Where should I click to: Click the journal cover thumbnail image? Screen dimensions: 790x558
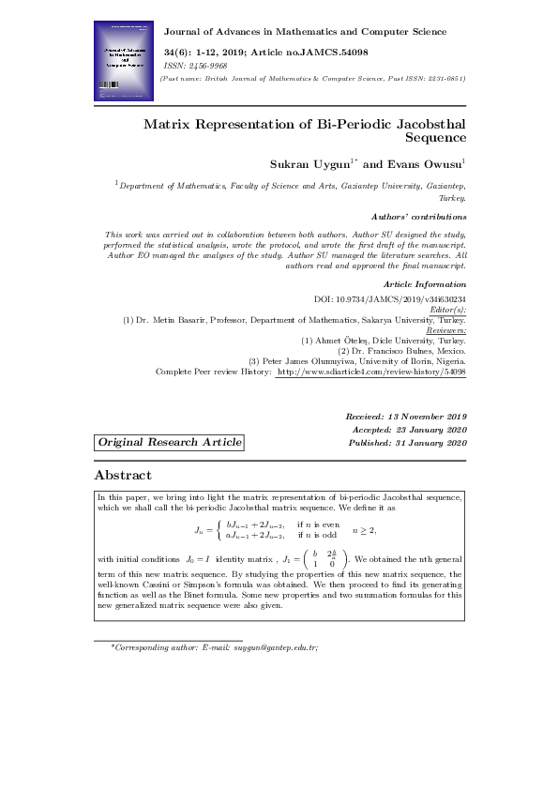click(124, 62)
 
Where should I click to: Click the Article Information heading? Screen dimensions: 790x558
click(424, 284)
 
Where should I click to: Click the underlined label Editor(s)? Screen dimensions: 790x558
click(446, 310)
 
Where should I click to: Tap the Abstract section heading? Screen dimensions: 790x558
click(123, 476)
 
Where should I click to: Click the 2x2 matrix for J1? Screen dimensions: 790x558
click(325, 559)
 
